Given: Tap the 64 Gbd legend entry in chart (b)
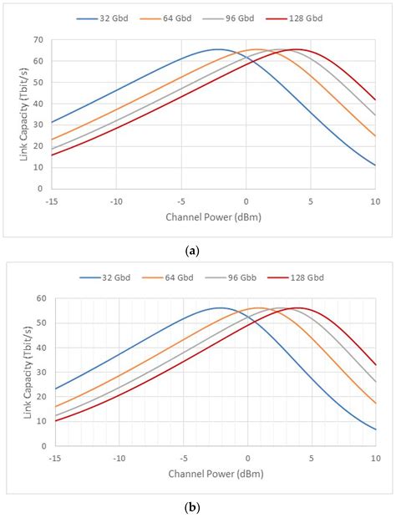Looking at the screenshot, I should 177,277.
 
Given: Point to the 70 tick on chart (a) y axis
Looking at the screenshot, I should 38,40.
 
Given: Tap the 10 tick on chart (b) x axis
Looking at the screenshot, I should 375,458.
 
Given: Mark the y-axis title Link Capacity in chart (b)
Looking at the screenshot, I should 22,370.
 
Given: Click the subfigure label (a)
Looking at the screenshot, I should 198,249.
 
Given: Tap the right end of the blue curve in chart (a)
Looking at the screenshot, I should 375,165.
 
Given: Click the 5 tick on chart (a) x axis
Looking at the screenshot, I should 310,201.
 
